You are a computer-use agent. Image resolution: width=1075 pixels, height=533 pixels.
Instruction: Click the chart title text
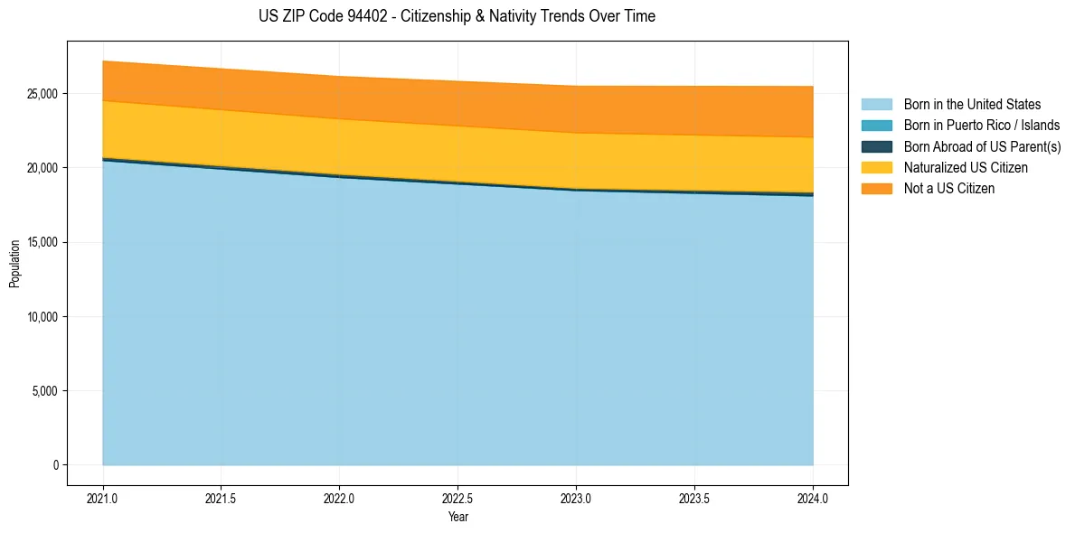[x=457, y=16]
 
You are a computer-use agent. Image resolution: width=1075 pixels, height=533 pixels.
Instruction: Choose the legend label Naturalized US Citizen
[x=966, y=168]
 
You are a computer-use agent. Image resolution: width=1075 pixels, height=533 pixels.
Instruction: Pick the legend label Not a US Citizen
[x=949, y=189]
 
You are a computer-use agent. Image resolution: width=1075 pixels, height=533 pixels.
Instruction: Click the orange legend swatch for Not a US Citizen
[x=876, y=189]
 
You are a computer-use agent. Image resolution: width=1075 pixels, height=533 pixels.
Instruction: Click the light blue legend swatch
[x=876, y=105]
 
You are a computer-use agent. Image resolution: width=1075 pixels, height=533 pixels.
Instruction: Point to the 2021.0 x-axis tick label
[x=102, y=498]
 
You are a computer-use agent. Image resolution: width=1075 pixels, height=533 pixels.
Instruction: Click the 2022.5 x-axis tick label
[x=457, y=498]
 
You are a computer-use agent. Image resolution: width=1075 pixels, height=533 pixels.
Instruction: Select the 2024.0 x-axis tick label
[x=813, y=498]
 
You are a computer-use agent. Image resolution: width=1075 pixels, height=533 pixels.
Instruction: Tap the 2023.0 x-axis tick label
[x=576, y=498]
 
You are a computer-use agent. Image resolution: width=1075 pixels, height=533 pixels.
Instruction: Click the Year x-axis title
[x=457, y=517]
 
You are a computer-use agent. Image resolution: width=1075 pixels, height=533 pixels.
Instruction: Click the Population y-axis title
[x=14, y=264]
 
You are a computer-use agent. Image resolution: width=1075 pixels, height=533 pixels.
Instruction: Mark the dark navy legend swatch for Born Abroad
[x=876, y=146]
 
